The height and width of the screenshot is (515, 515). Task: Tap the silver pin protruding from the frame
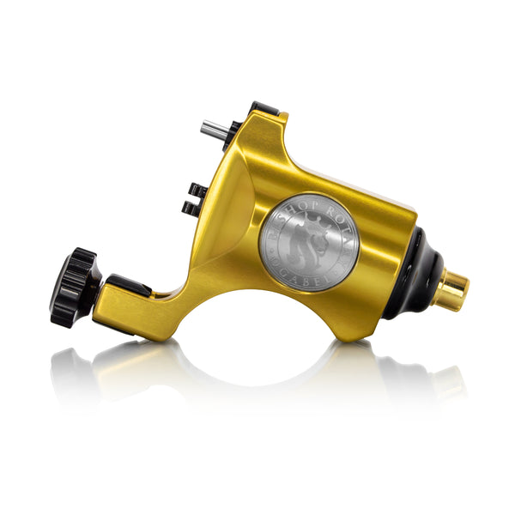(x=211, y=129)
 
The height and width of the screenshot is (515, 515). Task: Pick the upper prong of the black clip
(x=197, y=188)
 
